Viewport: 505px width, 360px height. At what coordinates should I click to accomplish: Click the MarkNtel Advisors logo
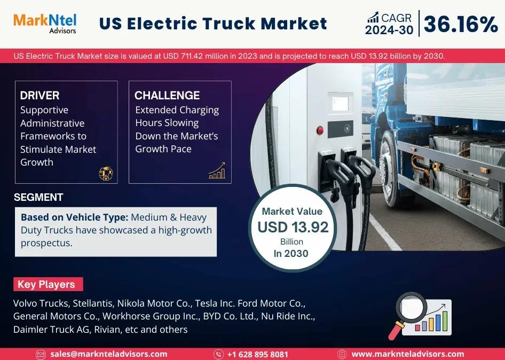click(x=45, y=24)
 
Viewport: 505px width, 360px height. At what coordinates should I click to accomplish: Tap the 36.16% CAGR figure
click(x=461, y=24)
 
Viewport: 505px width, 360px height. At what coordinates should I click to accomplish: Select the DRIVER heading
click(x=40, y=96)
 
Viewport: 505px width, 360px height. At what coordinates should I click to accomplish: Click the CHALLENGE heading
click(x=167, y=96)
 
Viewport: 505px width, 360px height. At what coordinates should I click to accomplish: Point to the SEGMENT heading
click(x=38, y=197)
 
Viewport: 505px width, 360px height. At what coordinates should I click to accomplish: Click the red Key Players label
click(x=48, y=284)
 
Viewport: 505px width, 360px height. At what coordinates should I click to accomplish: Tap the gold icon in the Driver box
click(x=106, y=174)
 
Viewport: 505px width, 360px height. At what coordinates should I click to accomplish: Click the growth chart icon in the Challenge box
click(x=217, y=170)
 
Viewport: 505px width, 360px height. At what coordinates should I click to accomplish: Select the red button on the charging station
click(x=320, y=130)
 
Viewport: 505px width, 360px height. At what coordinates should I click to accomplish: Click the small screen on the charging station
click(x=341, y=103)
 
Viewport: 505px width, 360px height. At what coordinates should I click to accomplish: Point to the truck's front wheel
click(x=390, y=169)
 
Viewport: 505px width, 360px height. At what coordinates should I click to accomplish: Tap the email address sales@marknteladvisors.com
click(x=108, y=354)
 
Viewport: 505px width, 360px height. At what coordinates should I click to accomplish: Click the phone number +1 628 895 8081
click(x=258, y=355)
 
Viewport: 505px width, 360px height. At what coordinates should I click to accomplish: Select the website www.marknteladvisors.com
click(x=408, y=354)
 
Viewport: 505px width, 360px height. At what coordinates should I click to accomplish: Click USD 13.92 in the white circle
click(x=293, y=227)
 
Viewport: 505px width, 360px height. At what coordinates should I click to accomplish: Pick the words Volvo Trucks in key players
click(x=41, y=303)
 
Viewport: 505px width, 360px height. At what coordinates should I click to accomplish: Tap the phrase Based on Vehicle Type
click(x=75, y=217)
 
